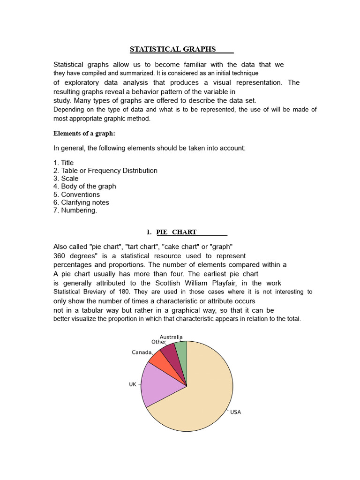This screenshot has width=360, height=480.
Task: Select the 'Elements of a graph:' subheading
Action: (84, 134)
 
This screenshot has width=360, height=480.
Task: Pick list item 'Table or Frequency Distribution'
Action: (105, 171)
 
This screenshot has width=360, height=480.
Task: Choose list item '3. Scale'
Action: (66, 179)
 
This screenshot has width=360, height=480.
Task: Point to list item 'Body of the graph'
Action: (85, 187)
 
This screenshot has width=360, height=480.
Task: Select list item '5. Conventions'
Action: (76, 195)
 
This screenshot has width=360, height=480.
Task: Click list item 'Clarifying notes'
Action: (81, 202)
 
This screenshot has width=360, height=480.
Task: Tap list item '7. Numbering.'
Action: (75, 210)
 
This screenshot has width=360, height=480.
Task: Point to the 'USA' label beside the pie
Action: (235, 412)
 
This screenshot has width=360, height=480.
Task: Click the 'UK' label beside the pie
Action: (133, 384)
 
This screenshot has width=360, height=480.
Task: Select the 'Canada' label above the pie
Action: (142, 352)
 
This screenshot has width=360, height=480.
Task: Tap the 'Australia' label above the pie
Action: (171, 337)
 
